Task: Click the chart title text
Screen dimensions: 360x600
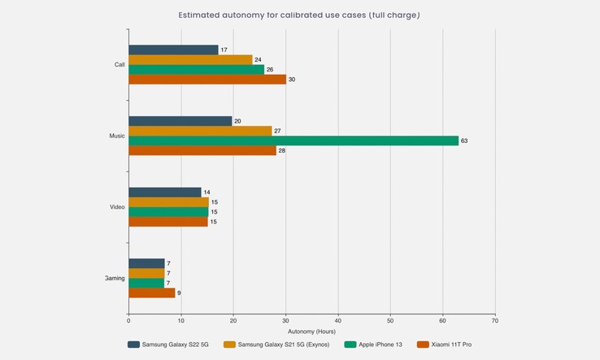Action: point(299,15)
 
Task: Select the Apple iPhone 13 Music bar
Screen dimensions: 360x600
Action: point(293,141)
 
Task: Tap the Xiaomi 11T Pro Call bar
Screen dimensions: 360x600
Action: point(207,80)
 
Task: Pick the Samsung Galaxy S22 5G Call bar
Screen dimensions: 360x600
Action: point(173,50)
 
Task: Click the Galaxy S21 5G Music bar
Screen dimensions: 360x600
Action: point(200,131)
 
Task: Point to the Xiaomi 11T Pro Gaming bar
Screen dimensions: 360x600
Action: point(151,293)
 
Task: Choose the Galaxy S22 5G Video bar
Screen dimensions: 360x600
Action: point(164,192)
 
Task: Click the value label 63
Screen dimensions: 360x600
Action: point(464,141)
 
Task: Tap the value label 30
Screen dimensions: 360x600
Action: point(292,80)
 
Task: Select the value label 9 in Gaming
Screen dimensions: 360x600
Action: point(180,293)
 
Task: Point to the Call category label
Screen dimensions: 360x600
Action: point(120,65)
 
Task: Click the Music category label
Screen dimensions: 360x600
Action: point(117,136)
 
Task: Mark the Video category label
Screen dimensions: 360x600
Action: point(117,207)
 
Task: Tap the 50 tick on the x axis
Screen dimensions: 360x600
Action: point(390,319)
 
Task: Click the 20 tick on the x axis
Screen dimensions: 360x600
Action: point(233,319)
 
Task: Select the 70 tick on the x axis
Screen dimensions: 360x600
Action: point(495,319)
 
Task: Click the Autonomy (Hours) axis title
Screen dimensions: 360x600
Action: point(311,331)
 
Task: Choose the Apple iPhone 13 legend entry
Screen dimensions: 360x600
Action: point(374,345)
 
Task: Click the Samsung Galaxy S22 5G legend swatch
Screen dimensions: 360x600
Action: point(133,345)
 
